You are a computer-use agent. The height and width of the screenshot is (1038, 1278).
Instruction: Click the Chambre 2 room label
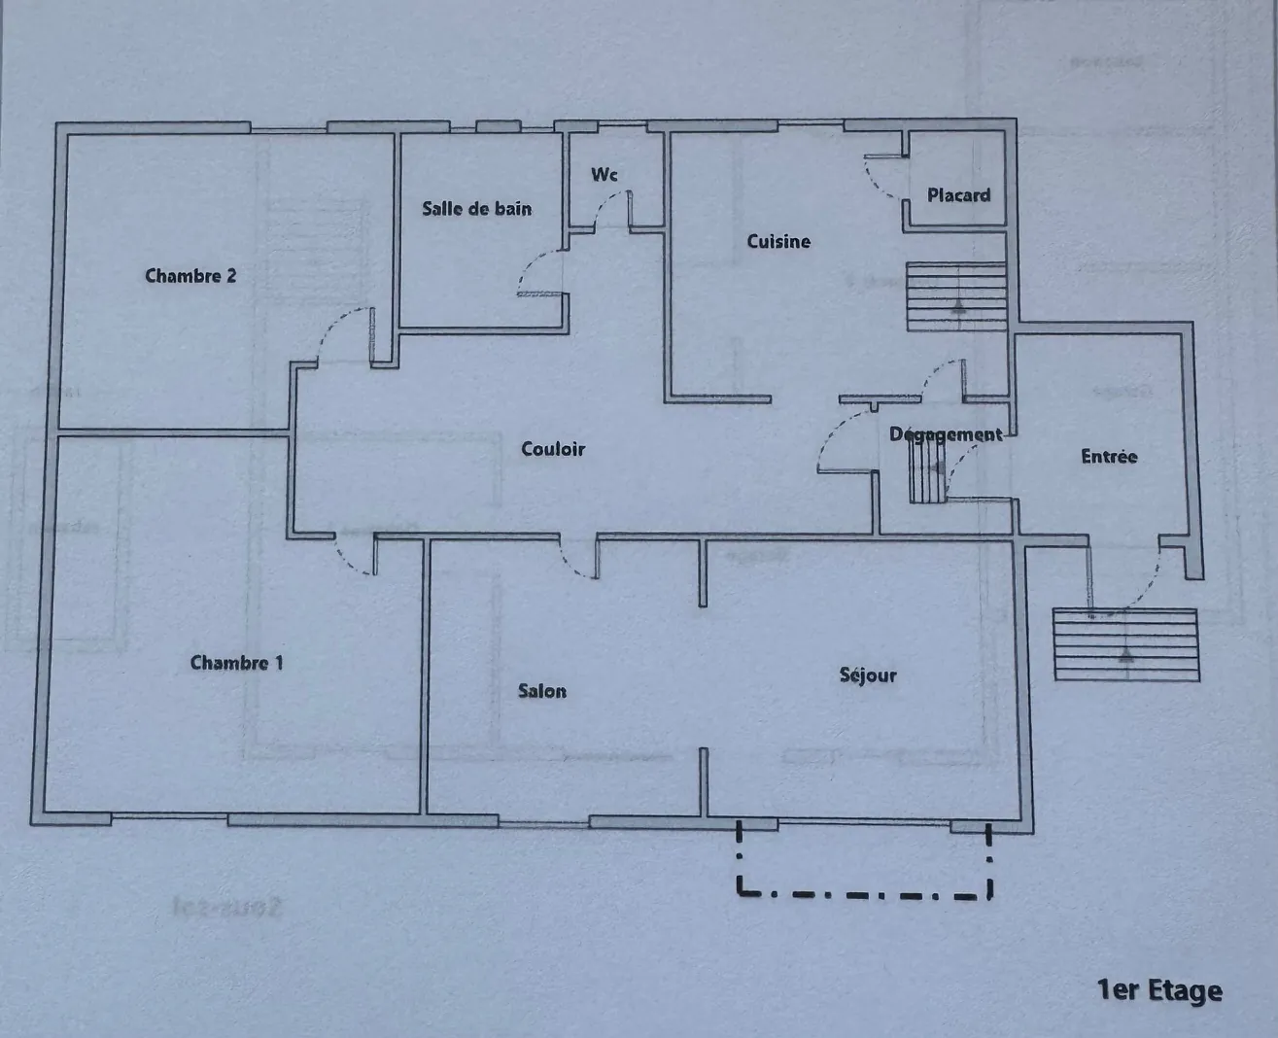point(190,276)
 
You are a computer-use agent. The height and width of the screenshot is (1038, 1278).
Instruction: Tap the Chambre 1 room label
point(236,663)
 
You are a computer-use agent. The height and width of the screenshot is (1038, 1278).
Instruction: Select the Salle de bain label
point(476,208)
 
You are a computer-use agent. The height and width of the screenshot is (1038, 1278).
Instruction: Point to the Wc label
point(604,175)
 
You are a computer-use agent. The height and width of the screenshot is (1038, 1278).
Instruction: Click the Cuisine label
point(777,241)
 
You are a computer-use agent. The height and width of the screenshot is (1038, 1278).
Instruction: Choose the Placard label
point(958,195)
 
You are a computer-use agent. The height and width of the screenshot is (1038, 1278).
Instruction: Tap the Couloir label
point(553,449)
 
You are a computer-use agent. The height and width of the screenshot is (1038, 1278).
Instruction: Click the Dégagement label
point(945,434)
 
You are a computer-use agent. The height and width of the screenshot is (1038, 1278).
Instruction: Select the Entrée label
point(1109,456)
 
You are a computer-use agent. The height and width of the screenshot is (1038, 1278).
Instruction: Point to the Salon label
point(541,691)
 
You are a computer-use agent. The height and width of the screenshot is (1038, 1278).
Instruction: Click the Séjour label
point(868,675)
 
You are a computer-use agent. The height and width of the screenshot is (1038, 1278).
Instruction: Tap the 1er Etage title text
point(1158,990)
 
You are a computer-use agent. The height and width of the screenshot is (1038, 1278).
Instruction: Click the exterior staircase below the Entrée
point(1125,644)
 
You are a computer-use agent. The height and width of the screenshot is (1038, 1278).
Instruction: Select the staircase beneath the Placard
point(956,296)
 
